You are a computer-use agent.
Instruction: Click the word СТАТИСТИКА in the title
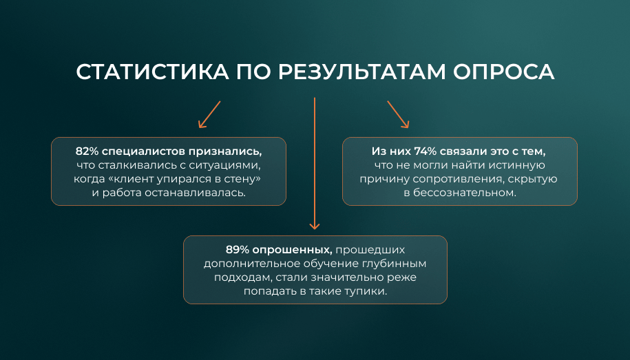152,72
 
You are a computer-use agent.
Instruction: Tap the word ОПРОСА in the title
504,72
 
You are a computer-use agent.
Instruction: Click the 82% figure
87,151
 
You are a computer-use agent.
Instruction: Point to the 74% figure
426,151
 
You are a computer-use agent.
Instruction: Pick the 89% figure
238,250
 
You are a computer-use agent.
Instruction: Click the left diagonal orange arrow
209,114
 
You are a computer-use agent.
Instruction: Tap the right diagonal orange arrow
398,114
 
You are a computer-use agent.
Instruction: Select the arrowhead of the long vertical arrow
315,226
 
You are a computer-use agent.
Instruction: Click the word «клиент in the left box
128,179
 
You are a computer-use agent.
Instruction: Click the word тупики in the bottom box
366,291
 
